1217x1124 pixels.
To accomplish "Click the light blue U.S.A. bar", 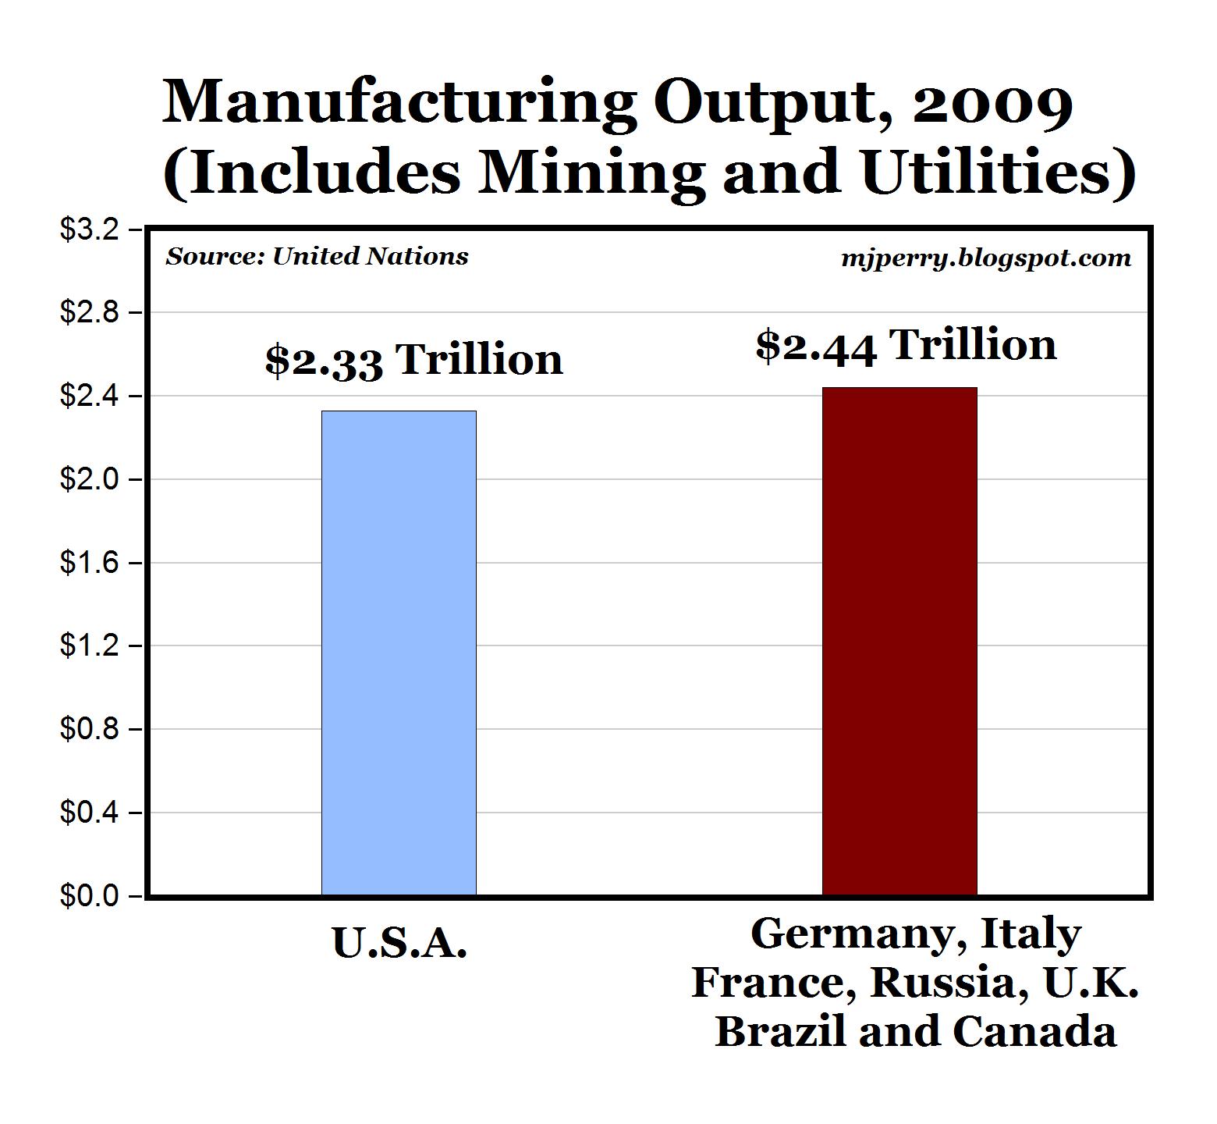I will point(399,653).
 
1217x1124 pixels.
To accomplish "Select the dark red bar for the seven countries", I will point(899,641).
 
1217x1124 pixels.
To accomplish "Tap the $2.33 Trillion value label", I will point(413,360).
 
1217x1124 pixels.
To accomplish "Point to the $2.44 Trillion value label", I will point(906,345).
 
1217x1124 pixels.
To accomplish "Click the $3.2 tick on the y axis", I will point(90,229).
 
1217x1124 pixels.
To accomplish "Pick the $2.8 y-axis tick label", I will point(90,313).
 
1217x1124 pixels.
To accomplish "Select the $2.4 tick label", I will point(90,397).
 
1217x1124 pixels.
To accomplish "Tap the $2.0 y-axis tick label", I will point(90,479).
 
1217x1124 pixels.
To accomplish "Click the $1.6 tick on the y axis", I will point(90,563).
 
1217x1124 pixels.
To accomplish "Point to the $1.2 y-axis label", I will point(90,646).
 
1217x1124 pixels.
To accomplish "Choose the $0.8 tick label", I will point(90,729).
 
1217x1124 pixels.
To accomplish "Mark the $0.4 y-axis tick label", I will point(90,813).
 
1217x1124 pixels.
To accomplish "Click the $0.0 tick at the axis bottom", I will point(90,896).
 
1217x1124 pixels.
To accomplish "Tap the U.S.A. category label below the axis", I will point(399,943).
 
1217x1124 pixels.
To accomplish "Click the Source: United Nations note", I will point(317,256).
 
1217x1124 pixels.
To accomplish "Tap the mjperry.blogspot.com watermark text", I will point(986,258).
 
